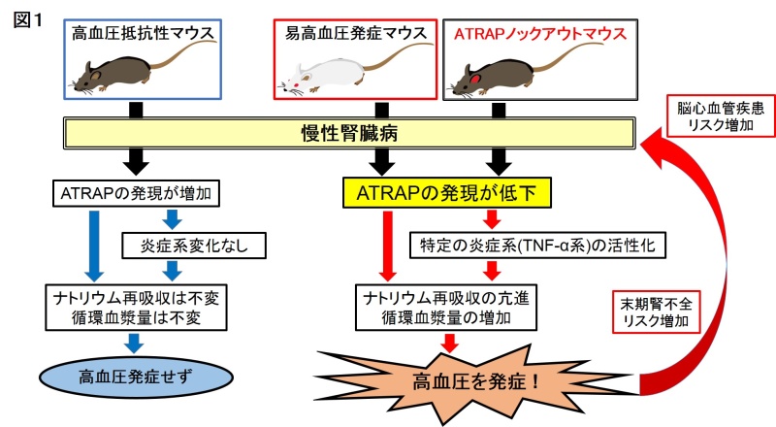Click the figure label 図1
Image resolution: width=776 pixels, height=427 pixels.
(22, 17)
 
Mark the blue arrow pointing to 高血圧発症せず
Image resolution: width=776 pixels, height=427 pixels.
(135, 339)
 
